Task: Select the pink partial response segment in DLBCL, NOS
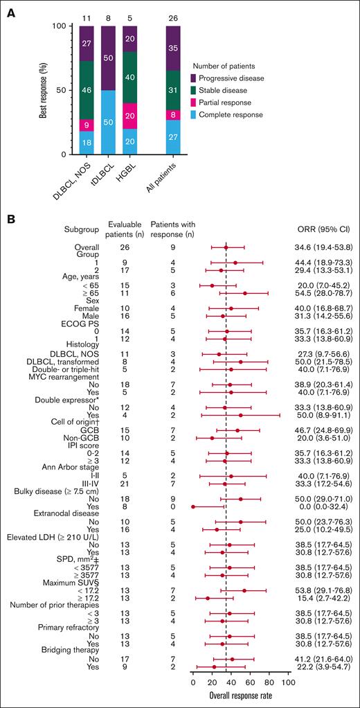point(87,125)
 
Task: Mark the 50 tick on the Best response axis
point(65,90)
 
